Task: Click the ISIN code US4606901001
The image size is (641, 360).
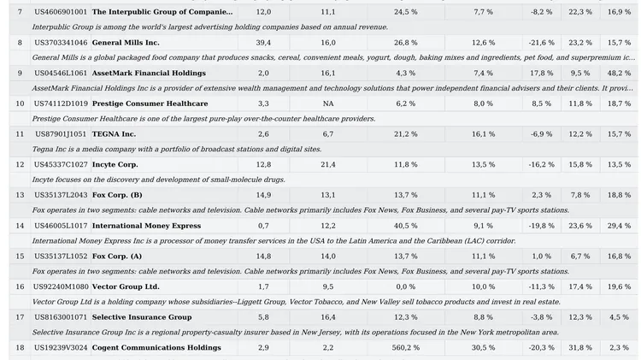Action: pyautogui.click(x=61, y=12)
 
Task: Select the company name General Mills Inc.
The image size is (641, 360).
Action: pyautogui.click(x=126, y=43)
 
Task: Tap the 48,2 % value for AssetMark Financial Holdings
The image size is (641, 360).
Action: pyautogui.click(x=619, y=74)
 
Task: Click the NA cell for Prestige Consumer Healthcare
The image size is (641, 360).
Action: pyautogui.click(x=328, y=103)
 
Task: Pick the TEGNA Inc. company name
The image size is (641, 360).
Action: pyautogui.click(x=114, y=134)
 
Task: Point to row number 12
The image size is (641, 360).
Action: pyautogui.click(x=20, y=164)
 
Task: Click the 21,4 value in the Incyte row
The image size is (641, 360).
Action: pyautogui.click(x=328, y=164)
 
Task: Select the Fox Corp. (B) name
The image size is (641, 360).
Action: pyautogui.click(x=117, y=195)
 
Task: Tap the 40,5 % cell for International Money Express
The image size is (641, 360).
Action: pyautogui.click(x=405, y=226)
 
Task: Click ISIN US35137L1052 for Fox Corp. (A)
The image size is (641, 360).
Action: pyautogui.click(x=61, y=256)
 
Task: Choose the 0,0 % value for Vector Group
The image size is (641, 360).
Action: pyautogui.click(x=405, y=286)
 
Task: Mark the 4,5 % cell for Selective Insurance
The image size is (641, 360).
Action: pyautogui.click(x=619, y=317)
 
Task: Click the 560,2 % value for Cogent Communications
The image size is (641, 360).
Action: pyautogui.click(x=405, y=348)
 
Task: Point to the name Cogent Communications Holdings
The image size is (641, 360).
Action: pyautogui.click(x=156, y=348)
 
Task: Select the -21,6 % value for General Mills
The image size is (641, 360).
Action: pyautogui.click(x=541, y=43)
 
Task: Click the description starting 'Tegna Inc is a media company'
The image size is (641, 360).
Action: pyautogui.click(x=177, y=150)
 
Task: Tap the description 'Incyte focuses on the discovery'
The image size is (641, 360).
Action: pyautogui.click(x=159, y=180)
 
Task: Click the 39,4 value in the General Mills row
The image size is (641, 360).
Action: pyautogui.click(x=263, y=43)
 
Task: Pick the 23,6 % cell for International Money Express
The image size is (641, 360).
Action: pyautogui.click(x=580, y=226)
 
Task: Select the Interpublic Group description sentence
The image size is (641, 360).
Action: pyautogui.click(x=210, y=27)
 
